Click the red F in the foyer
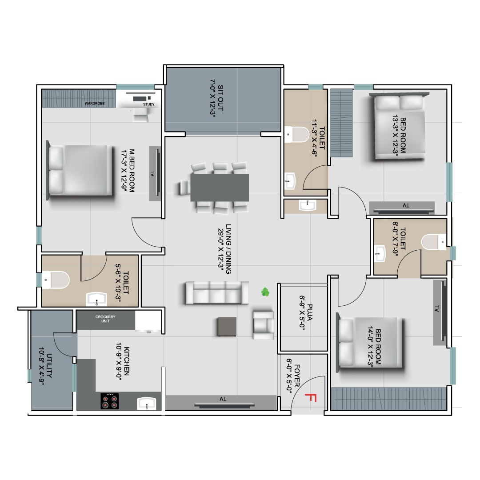pyautogui.click(x=311, y=398)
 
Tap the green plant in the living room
pyautogui.click(x=265, y=292)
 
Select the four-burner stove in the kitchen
pyautogui.click(x=110, y=401)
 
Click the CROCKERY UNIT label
pyautogui.click(x=105, y=319)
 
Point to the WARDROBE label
pyautogui.click(x=95, y=104)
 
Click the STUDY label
pyautogui.click(x=149, y=104)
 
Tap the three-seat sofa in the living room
pyautogui.click(x=217, y=292)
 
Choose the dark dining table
pyautogui.click(x=220, y=188)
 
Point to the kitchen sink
pyautogui.click(x=147, y=403)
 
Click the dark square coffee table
pyautogui.click(x=227, y=327)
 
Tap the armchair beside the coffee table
pyautogui.click(x=263, y=325)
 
